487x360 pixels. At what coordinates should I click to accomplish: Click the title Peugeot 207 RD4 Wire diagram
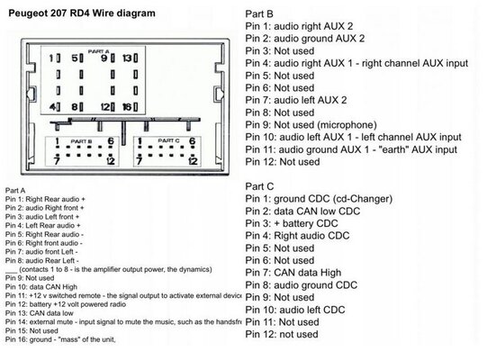click(x=82, y=13)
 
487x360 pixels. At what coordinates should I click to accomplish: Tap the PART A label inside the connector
click(x=98, y=51)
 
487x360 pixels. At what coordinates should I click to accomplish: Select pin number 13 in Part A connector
click(x=127, y=58)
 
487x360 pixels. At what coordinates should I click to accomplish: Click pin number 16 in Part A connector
click(x=127, y=107)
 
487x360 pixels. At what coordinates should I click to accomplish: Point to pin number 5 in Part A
click(x=75, y=58)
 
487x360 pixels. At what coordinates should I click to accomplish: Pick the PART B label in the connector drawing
click(x=81, y=141)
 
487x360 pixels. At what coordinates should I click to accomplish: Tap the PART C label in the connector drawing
click(x=168, y=140)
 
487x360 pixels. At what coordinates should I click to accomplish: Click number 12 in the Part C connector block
click(x=193, y=161)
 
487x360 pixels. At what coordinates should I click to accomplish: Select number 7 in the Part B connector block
click(x=57, y=161)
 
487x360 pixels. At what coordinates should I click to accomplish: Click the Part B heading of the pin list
click(x=259, y=14)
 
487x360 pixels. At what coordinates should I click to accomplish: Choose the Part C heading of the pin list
click(x=259, y=186)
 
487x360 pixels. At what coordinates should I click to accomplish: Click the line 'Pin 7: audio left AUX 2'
click(x=296, y=100)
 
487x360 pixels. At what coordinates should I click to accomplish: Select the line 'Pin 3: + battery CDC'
click(x=292, y=223)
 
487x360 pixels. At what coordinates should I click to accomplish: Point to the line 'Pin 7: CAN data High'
click(x=293, y=273)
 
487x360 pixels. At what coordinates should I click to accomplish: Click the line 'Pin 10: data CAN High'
click(x=41, y=287)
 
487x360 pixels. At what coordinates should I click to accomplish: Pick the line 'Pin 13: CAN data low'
click(x=39, y=313)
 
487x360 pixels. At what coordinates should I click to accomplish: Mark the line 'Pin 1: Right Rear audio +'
click(x=45, y=199)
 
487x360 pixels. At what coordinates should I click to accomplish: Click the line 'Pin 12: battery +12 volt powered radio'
click(x=65, y=304)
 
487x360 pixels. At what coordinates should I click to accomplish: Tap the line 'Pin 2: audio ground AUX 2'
click(x=304, y=39)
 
